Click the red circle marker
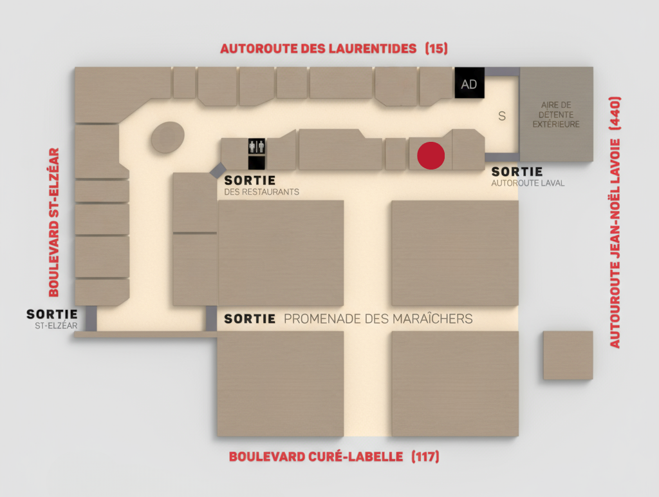pos(431,155)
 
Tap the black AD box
pos(469,84)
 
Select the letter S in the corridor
pos(502,116)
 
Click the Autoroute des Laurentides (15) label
pos(333,48)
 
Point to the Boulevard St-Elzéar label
pos(54,222)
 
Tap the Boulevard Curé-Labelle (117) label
pos(334,457)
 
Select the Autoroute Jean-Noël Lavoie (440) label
pos(615,222)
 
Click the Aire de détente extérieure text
pos(556,114)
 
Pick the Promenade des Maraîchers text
pos(378,318)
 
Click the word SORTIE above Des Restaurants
pos(250,180)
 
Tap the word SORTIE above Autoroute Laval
pos(517,172)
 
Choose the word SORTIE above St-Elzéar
pos(52,314)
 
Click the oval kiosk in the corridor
pos(168,137)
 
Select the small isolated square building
pos(568,355)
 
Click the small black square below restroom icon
pos(256,163)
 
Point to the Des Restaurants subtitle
pos(261,192)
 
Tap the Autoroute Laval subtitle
pos(528,183)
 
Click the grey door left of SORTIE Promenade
pos(211,318)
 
